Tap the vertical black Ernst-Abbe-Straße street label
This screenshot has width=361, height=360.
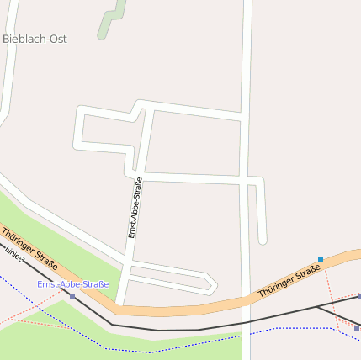pyautogui.click(x=135, y=208)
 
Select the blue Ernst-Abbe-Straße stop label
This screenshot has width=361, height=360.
pyautogui.click(x=72, y=284)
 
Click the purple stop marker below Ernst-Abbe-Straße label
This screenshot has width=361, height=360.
pyautogui.click(x=72, y=296)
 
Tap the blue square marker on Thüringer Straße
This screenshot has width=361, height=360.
pyautogui.click(x=321, y=260)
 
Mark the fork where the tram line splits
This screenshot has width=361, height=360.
pyautogui.click(x=316, y=307)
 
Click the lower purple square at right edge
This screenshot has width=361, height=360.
pyautogui.click(x=357, y=327)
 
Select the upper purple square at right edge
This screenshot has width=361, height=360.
pyautogui.click(x=359, y=296)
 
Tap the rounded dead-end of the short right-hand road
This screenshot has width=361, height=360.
pyautogui.click(x=263, y=241)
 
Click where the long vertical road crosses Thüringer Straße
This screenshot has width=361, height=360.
pyautogui.click(x=247, y=299)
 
